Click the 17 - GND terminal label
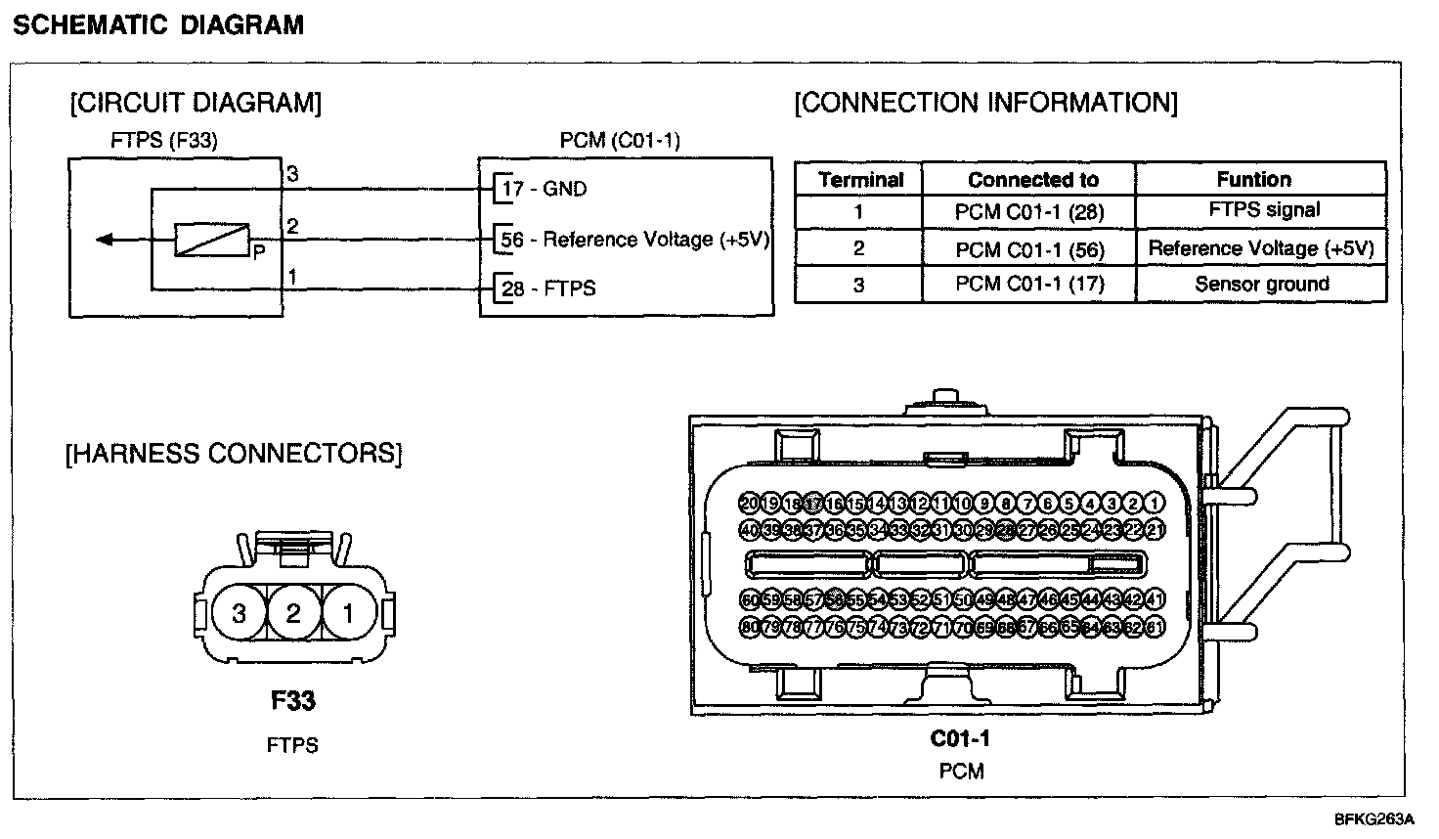[545, 189]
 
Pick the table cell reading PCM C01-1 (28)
[1028, 212]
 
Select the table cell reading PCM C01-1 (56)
[1028, 250]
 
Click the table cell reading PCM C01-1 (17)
[1028, 285]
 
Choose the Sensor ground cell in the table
[1261, 285]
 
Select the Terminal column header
[860, 180]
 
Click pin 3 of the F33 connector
[239, 614]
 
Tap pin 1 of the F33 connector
[347, 614]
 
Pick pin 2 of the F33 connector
[293, 614]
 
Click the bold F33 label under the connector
[292, 701]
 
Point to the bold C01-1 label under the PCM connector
[960, 738]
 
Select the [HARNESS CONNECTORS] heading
[234, 454]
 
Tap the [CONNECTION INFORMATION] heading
[985, 103]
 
